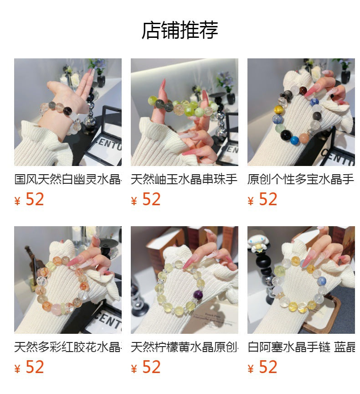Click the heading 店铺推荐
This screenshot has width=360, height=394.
(180, 30)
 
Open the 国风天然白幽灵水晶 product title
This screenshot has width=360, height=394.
(68, 179)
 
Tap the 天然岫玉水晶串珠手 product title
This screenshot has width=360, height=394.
(184, 179)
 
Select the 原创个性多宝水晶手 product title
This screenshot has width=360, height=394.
(301, 179)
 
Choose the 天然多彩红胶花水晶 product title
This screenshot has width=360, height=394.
(68, 347)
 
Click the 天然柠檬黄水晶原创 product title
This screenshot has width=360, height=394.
(184, 347)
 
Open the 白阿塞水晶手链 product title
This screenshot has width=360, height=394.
(301, 347)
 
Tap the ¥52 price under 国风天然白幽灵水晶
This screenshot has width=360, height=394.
(30, 199)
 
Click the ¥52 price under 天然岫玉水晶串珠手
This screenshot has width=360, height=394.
(146, 199)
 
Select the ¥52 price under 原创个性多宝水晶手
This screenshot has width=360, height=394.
(263, 199)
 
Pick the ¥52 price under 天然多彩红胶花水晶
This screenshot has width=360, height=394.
(30, 367)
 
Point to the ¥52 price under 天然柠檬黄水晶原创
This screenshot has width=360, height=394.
(146, 367)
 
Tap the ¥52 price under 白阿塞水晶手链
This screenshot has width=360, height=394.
(263, 367)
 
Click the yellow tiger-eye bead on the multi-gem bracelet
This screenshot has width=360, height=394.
(278, 110)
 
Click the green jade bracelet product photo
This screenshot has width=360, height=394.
(184, 112)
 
